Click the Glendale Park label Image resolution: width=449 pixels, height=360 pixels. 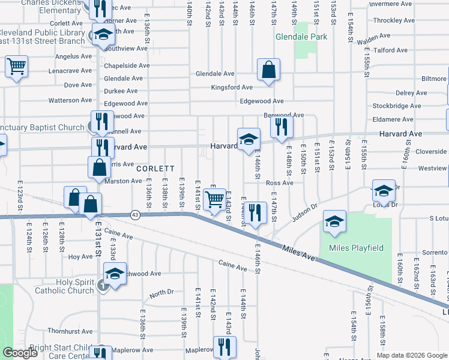click(x=301, y=37)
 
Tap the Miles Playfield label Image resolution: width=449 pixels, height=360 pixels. click(x=355, y=248)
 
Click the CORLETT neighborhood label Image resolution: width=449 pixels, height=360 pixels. click(x=155, y=169)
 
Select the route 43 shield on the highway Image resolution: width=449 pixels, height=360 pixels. click(x=136, y=215)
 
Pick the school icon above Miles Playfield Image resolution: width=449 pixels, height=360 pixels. click(x=335, y=221)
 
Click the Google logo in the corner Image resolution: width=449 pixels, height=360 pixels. click(x=20, y=353)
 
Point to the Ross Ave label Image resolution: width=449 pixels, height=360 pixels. click(x=279, y=183)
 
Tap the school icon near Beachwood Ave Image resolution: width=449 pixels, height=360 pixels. click(x=114, y=274)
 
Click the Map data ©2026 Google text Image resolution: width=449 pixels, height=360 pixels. click(x=411, y=355)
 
